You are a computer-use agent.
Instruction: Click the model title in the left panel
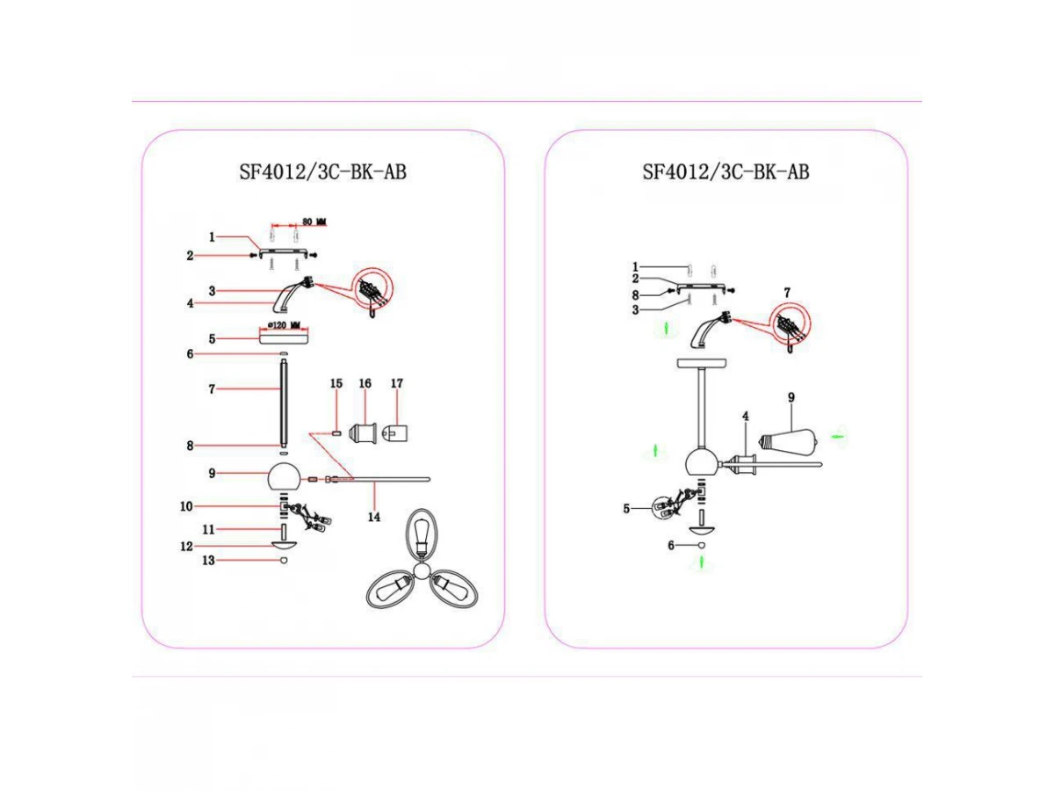[322, 171]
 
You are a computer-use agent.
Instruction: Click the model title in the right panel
[726, 171]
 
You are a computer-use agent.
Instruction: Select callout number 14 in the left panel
[374, 517]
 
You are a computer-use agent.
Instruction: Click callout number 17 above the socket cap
[397, 384]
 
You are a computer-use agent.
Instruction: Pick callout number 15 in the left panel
[336, 384]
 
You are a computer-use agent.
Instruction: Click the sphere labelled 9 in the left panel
[284, 477]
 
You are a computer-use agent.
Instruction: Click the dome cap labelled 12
[284, 545]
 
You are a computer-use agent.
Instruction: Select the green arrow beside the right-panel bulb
[840, 435]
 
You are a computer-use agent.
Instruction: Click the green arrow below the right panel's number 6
[702, 564]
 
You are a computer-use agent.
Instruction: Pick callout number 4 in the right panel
[744, 415]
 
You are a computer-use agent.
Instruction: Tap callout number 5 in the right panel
[627, 508]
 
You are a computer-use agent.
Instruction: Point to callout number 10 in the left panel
[211, 506]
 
